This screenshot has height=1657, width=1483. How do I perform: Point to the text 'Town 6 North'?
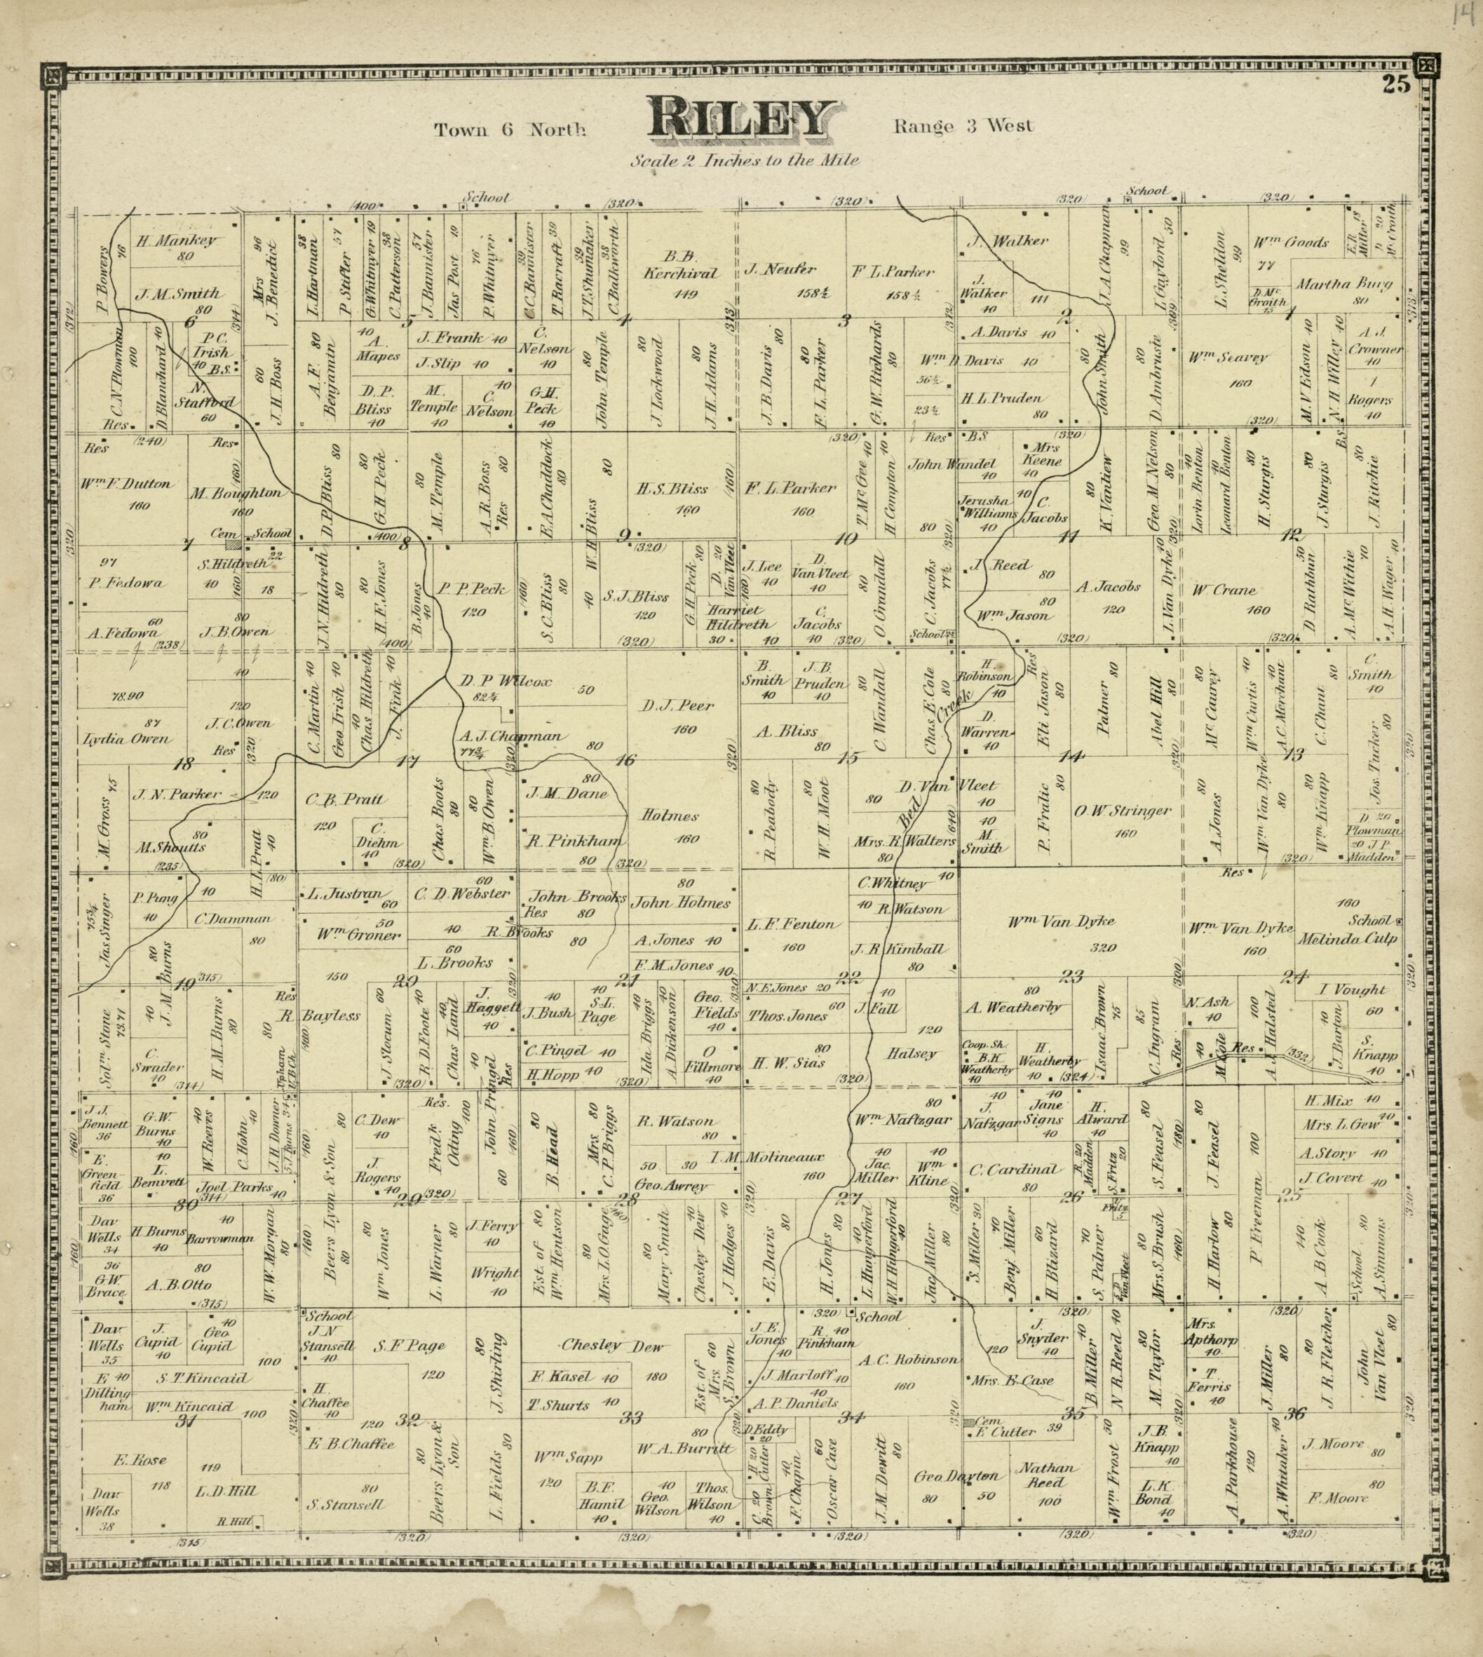pyautogui.click(x=509, y=130)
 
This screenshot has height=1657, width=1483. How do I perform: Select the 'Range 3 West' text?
pyautogui.click(x=963, y=126)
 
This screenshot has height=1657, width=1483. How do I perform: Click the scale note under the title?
pyautogui.click(x=744, y=161)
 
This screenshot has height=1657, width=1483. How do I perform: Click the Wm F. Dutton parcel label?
pyautogui.click(x=126, y=483)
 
